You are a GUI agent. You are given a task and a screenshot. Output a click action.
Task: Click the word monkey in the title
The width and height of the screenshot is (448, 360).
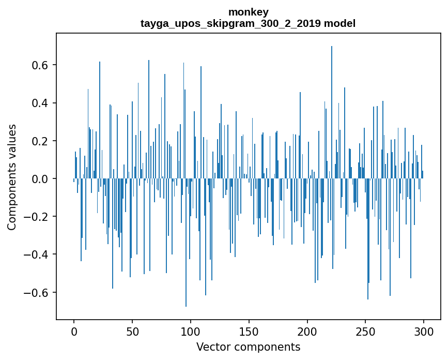pos(248,12)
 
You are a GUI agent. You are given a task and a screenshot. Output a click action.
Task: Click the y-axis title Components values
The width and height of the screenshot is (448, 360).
pos(12,177)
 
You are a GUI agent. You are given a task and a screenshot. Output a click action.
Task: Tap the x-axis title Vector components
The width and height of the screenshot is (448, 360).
pos(248,347)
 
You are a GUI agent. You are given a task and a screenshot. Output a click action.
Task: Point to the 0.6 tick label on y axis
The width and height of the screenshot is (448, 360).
pos(41,65)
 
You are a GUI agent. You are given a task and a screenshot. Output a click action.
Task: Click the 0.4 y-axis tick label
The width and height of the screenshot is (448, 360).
pos(41,103)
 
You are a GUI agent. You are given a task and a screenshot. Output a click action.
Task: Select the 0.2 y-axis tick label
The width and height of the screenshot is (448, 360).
pos(41,141)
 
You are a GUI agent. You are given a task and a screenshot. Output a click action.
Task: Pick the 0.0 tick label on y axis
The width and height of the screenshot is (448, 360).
pos(41,179)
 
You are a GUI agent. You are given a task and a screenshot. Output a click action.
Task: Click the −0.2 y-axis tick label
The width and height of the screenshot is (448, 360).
pos(38,217)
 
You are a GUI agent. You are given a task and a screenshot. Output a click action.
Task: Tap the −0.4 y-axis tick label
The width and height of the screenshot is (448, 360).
pos(38,254)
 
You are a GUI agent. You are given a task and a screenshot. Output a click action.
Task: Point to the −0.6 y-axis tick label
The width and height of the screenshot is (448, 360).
pos(38,293)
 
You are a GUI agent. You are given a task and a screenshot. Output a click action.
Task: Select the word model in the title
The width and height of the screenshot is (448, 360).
pos(339,24)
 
